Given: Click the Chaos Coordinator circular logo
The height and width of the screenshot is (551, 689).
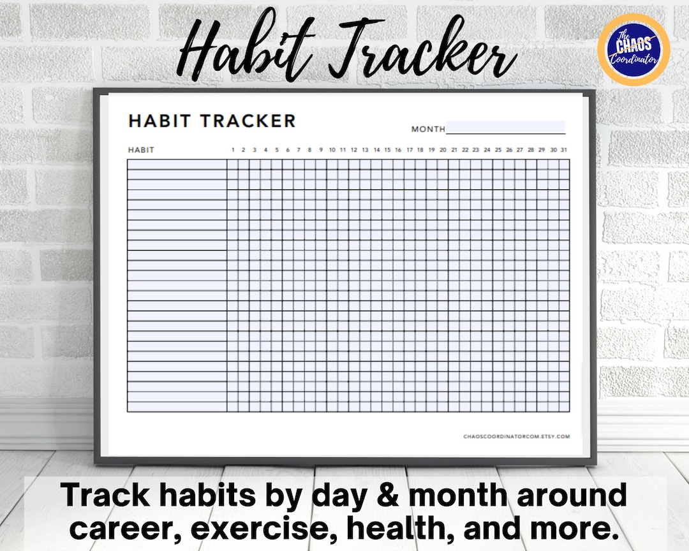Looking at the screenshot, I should click(633, 48).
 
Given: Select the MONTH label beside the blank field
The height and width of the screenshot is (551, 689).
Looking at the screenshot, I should click(428, 129).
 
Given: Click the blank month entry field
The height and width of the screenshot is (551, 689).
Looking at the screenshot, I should click(505, 127).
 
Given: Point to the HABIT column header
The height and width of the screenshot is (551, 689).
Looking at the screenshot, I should click(141, 150).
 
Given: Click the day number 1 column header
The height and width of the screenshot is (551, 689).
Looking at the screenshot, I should click(233, 150).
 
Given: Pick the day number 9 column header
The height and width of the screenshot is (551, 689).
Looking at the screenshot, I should click(321, 150).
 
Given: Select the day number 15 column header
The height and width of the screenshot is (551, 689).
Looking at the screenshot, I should click(387, 150).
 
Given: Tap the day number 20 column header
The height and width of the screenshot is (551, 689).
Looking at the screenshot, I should click(443, 150).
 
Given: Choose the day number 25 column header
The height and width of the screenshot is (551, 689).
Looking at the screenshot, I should click(498, 150).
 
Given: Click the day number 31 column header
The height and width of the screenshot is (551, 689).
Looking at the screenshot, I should click(564, 150).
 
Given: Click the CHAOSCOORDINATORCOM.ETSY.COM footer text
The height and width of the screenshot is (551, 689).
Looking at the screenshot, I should click(517, 437).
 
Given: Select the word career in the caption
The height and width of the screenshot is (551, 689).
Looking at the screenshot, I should click(122, 527).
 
